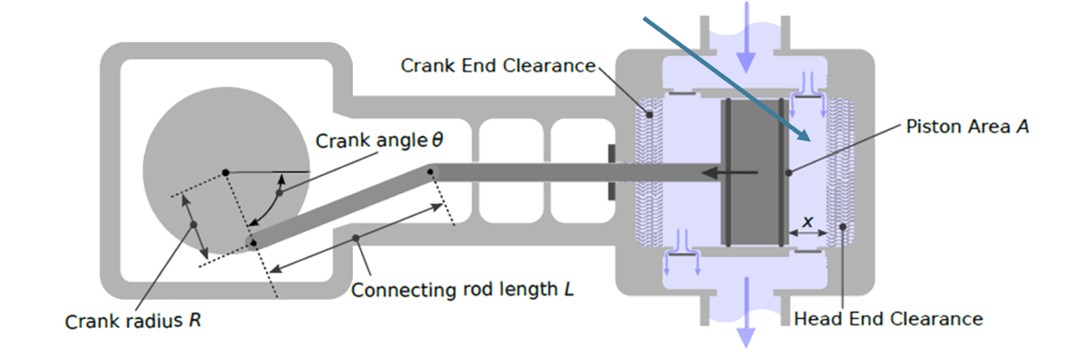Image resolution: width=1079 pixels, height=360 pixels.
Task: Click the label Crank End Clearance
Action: click(x=498, y=66)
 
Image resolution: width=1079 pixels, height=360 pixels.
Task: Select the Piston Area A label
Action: click(x=967, y=127)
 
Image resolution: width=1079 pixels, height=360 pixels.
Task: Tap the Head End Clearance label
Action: click(x=888, y=319)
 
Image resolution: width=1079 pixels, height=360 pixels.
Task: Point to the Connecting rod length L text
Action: click(x=462, y=289)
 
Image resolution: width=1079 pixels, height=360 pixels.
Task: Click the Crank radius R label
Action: click(x=133, y=321)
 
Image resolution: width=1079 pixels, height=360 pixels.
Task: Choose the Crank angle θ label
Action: click(x=379, y=140)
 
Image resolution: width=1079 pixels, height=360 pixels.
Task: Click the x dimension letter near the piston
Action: click(x=807, y=222)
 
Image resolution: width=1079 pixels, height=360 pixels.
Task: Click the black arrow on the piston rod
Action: click(x=728, y=173)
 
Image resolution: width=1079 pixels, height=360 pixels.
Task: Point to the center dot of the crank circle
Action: click(x=225, y=172)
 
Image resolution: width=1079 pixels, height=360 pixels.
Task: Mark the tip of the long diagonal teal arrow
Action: click(x=809, y=139)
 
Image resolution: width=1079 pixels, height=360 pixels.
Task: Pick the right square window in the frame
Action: click(x=576, y=146)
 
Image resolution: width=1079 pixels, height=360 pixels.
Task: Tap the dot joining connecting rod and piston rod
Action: click(x=431, y=172)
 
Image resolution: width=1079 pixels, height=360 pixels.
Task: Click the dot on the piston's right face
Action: click(x=788, y=173)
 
